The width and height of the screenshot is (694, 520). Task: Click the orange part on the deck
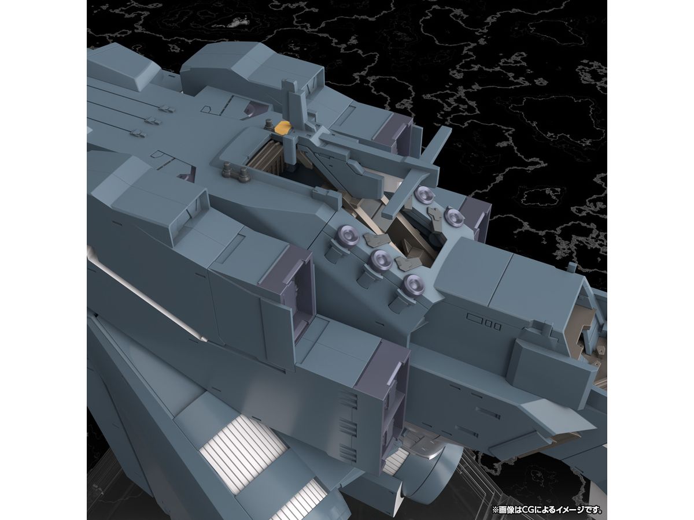coord(283,128)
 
